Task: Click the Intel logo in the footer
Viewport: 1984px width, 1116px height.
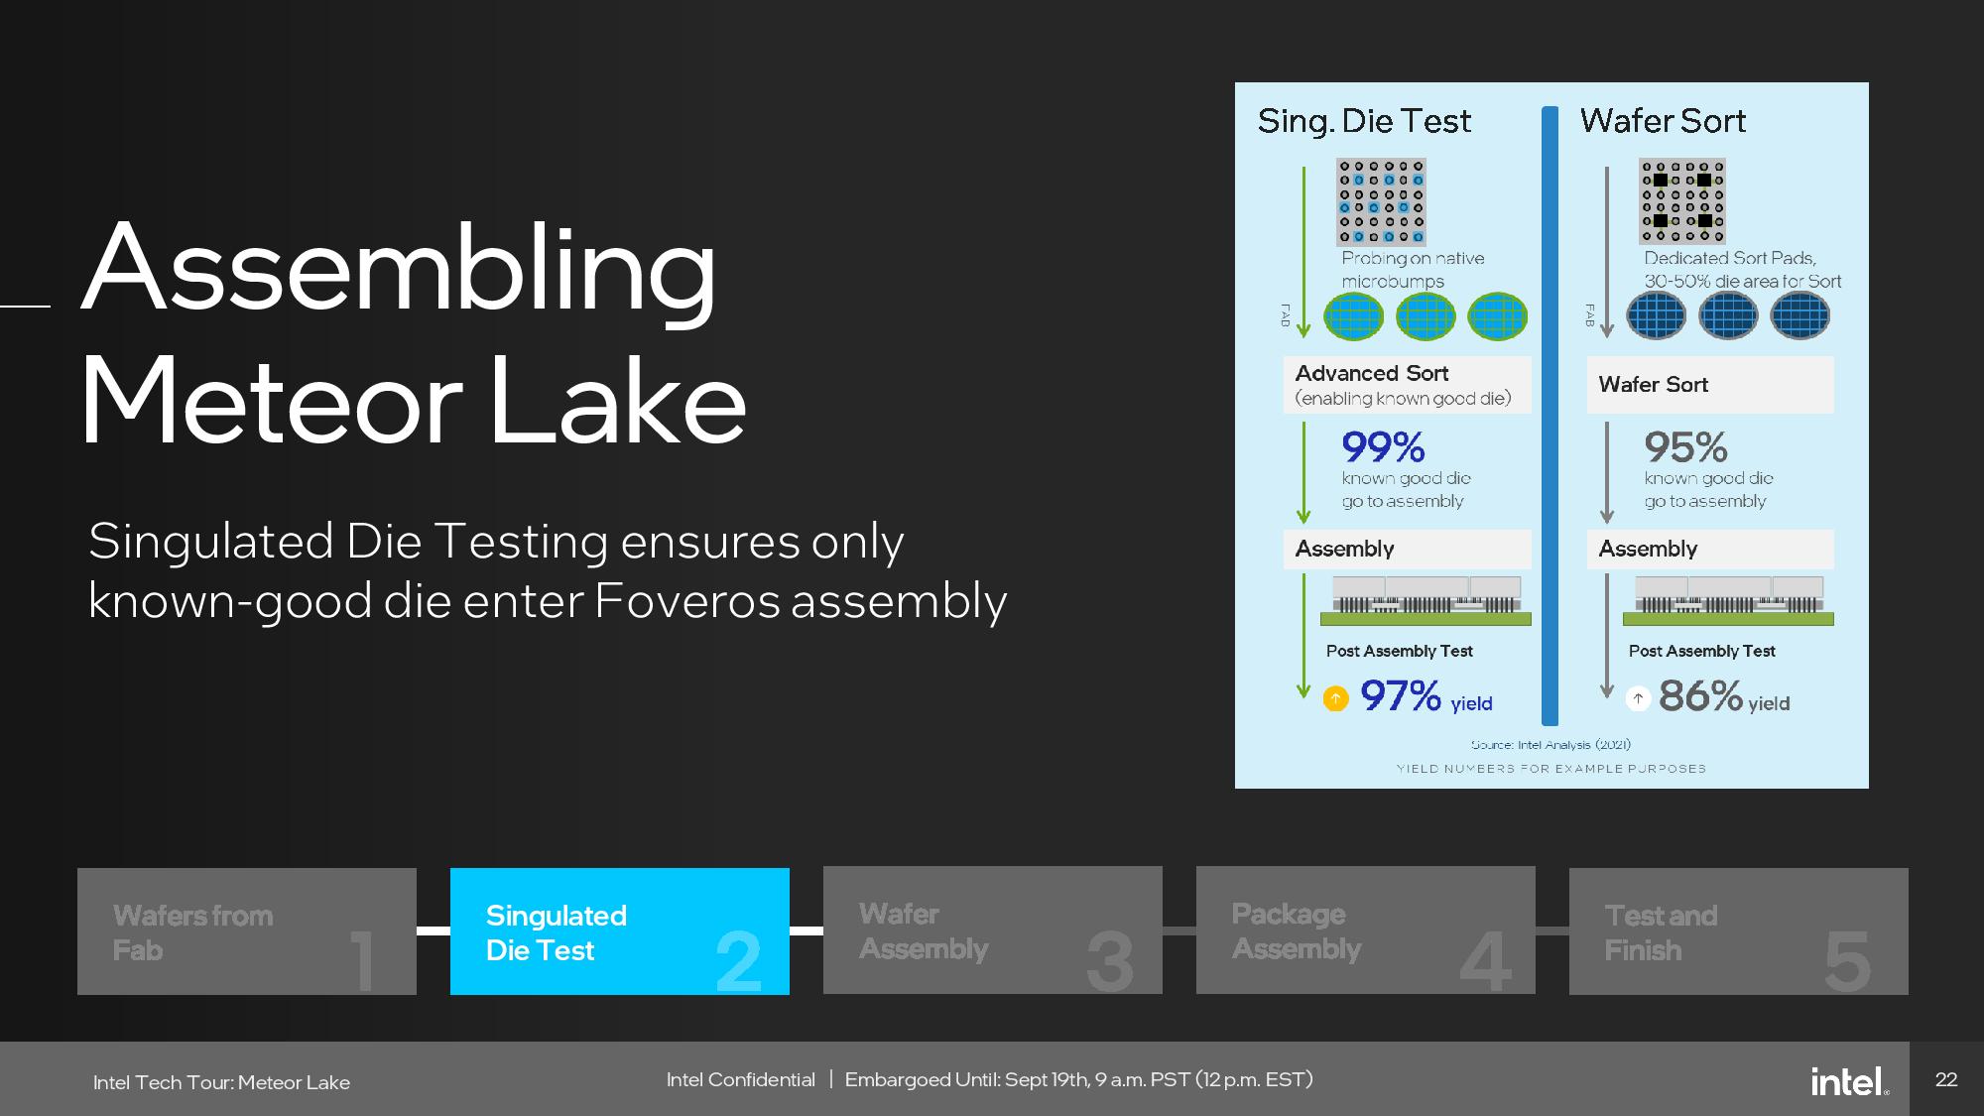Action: (x=1849, y=1080)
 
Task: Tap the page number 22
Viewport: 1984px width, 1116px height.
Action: (x=1946, y=1079)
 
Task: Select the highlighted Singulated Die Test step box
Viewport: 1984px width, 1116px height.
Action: (x=620, y=931)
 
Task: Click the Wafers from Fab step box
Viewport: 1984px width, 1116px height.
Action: (x=247, y=931)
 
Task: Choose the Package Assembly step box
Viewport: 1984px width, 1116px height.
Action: (x=1366, y=930)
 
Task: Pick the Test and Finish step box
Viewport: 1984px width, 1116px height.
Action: (x=1739, y=931)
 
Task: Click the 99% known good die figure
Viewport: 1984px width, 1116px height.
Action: (x=1383, y=447)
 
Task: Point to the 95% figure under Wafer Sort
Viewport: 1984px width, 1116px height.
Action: (x=1685, y=447)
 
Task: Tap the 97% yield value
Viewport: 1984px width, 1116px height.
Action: (x=1400, y=695)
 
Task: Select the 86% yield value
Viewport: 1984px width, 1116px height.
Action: (x=1700, y=695)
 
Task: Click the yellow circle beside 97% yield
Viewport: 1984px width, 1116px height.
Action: (x=1336, y=698)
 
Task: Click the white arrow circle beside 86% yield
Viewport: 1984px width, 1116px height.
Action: (x=1638, y=698)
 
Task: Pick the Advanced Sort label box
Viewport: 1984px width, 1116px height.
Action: (x=1407, y=385)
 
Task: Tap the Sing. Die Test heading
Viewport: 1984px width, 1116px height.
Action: (x=1364, y=121)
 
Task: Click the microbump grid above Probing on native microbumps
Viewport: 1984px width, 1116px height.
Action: (x=1381, y=201)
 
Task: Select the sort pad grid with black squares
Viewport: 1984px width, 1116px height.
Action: (x=1682, y=201)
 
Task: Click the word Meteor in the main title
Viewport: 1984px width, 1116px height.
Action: (x=271, y=402)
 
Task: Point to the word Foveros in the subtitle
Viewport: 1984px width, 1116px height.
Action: (x=686, y=601)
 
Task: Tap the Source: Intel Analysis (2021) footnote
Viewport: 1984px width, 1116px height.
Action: (x=1550, y=744)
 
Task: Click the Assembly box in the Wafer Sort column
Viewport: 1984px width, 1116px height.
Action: (x=1710, y=549)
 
